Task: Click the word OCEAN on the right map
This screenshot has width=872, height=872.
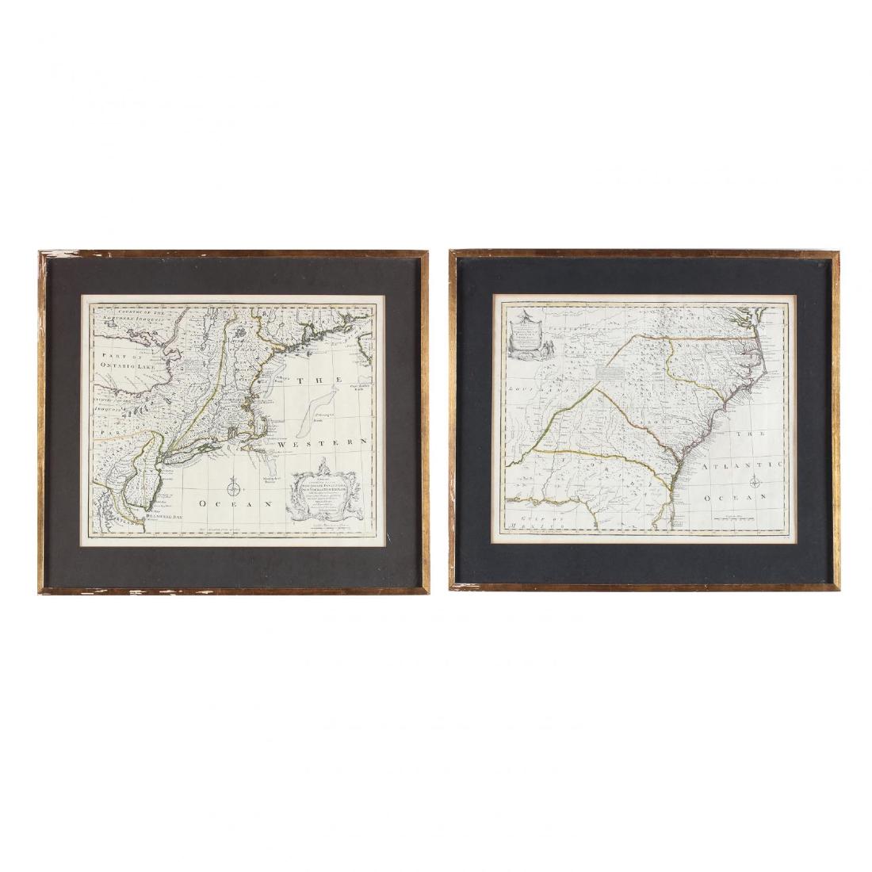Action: [735, 497]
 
